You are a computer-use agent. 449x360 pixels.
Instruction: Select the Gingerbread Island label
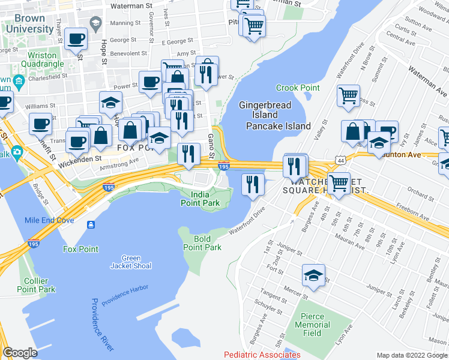tap(265, 110)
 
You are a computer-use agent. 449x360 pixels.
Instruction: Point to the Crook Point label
tap(298, 88)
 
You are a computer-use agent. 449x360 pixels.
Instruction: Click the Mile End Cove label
tap(49, 220)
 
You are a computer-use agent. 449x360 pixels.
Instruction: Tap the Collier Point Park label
tap(40, 285)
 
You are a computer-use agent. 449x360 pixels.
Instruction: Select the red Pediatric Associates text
tap(262, 355)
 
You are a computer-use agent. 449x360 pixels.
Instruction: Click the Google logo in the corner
tap(20, 353)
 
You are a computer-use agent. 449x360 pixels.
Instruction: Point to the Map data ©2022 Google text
tap(412, 355)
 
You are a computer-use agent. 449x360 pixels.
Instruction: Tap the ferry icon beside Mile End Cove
tap(91, 224)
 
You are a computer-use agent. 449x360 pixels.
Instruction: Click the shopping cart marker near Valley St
tap(348, 95)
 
